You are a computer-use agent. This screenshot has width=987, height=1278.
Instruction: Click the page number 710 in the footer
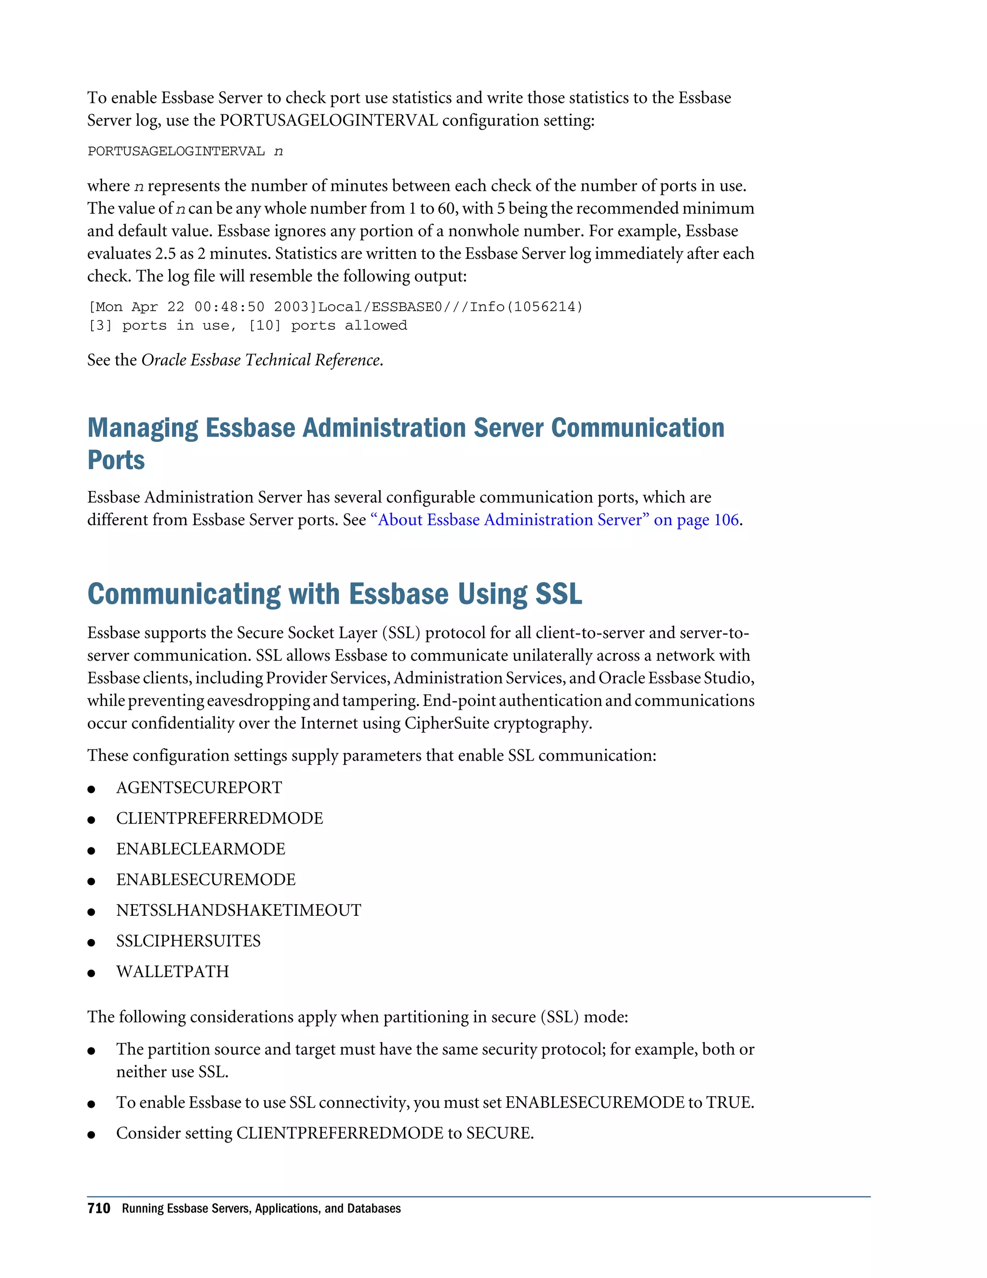[98, 1209]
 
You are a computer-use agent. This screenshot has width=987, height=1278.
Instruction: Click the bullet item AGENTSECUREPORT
[199, 788]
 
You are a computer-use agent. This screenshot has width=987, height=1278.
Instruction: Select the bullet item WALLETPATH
[173, 971]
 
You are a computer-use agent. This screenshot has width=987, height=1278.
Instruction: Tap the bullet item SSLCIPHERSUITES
[188, 941]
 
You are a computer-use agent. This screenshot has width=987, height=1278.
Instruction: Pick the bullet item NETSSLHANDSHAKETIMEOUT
[239, 910]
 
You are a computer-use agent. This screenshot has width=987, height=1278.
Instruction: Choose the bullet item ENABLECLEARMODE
[200, 849]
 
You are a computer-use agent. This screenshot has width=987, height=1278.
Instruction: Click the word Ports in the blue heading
[116, 460]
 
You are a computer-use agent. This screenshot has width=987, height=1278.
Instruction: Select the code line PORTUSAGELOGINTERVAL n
[185, 151]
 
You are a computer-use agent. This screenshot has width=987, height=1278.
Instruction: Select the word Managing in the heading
[143, 428]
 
